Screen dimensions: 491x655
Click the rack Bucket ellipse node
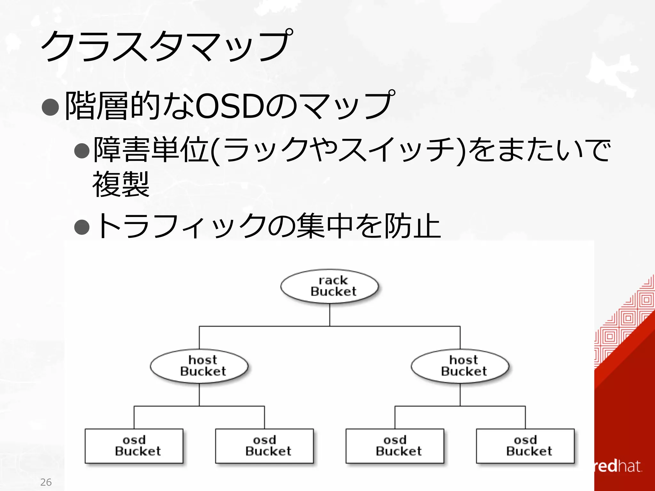click(329, 286)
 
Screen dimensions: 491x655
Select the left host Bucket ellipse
click(199, 366)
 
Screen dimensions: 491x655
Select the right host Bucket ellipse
click(460, 366)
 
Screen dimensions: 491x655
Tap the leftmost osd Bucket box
click(134, 446)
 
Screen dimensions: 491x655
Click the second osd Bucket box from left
click(264, 446)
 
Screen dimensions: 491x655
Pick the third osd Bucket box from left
click(395, 446)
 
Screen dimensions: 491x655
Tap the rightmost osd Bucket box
click(525, 446)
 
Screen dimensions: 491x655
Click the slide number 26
click(46, 482)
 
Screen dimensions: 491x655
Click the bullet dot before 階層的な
click(51, 107)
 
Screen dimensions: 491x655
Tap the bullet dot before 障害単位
click(82, 150)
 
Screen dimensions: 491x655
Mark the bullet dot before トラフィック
click(82, 227)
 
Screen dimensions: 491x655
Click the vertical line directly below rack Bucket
click(330, 315)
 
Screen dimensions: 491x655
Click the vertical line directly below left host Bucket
click(199, 395)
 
